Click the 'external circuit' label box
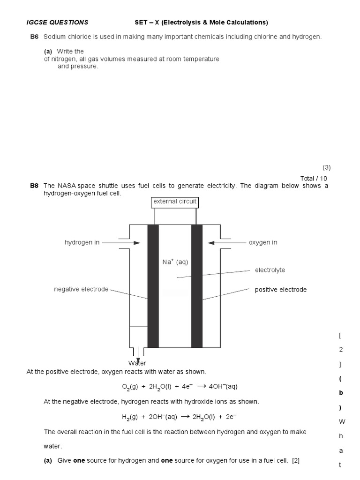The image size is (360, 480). pyautogui.click(x=175, y=202)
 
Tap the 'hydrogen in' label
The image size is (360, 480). pyautogui.click(x=82, y=242)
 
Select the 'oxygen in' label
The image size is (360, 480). pyautogui.click(x=263, y=242)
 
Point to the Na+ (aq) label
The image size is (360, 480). pyautogui.click(x=175, y=262)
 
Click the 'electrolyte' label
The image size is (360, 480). pyautogui.click(x=270, y=270)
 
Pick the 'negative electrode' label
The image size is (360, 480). pyautogui.click(x=81, y=289)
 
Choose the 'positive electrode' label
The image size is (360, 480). pyautogui.click(x=281, y=290)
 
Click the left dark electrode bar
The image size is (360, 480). pyautogui.click(x=153, y=286)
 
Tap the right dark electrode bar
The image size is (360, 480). pyautogui.click(x=197, y=286)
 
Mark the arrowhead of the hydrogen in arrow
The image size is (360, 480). pyautogui.click(x=137, y=243)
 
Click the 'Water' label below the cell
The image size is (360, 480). pyautogui.click(x=137, y=363)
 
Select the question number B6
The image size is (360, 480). pyautogui.click(x=34, y=37)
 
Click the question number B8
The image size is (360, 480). pyautogui.click(x=34, y=186)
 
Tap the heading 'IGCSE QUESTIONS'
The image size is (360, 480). pyautogui.click(x=57, y=22)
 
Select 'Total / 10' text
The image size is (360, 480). pyautogui.click(x=314, y=179)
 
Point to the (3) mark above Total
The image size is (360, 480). pyautogui.click(x=326, y=167)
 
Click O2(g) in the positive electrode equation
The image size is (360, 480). pyautogui.click(x=127, y=387)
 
